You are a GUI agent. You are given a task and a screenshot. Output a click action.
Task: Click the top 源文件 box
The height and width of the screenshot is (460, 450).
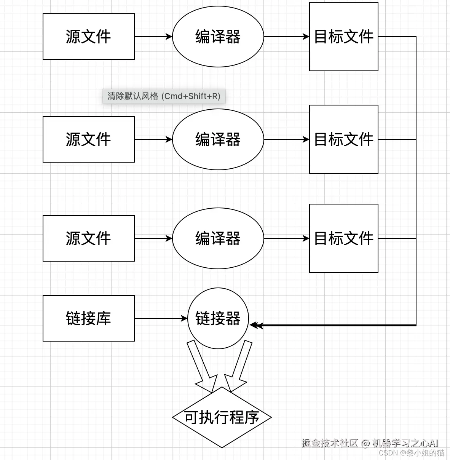[88, 37]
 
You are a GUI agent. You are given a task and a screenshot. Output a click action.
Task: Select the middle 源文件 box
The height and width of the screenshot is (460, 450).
[88, 139]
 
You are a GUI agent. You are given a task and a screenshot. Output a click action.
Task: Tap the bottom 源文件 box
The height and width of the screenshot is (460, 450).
[88, 238]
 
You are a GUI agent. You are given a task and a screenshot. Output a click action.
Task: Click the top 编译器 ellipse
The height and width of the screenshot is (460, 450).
[218, 37]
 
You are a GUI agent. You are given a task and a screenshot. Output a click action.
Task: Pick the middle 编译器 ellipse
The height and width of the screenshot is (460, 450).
[218, 139]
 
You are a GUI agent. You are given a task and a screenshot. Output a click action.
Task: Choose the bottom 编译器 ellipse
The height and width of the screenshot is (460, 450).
[218, 238]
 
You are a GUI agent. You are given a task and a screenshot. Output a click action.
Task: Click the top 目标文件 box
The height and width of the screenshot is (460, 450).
[343, 37]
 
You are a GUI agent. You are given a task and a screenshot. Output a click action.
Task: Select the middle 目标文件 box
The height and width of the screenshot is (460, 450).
[343, 139]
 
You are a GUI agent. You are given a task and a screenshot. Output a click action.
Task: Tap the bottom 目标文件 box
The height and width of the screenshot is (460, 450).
[343, 238]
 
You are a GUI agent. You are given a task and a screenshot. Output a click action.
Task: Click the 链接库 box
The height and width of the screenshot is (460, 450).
[88, 318]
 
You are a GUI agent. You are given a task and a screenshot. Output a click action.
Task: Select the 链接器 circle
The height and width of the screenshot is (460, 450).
[218, 318]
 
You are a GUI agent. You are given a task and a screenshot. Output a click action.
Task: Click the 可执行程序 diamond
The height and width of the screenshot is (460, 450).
[222, 417]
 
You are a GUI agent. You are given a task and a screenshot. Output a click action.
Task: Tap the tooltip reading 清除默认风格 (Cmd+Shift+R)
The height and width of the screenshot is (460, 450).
[164, 96]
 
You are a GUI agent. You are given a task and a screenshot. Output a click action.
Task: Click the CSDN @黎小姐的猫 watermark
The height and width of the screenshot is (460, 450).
[411, 453]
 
